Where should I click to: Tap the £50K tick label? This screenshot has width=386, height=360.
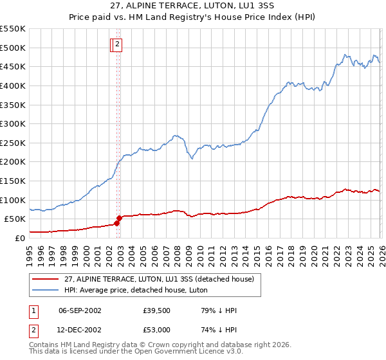tap(14, 219)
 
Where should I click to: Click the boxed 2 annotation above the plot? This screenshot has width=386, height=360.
tap(119, 44)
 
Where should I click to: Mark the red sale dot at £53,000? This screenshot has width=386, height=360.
tap(119, 218)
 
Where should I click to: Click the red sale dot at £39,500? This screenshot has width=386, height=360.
tap(116, 223)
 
